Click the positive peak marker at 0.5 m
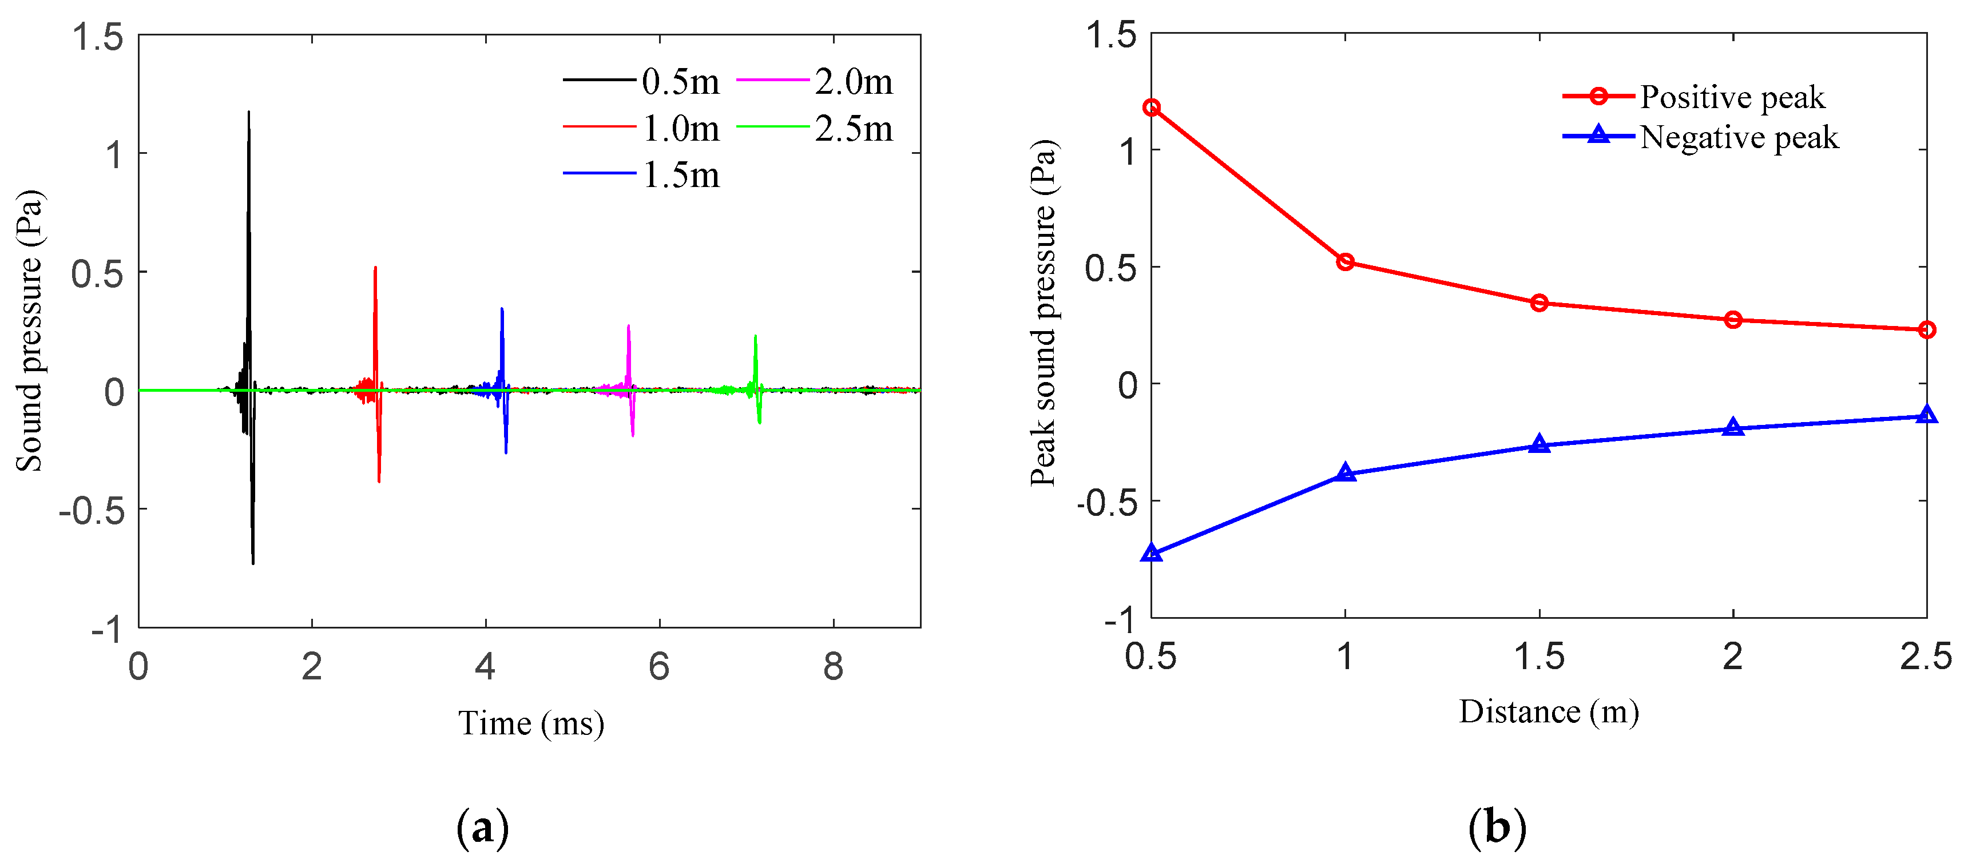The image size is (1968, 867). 1151,108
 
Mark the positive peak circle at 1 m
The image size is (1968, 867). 1346,262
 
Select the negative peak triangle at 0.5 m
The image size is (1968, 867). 1151,552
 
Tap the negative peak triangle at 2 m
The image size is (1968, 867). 1733,427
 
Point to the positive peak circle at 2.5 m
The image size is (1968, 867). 1926,330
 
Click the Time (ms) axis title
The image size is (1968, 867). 531,723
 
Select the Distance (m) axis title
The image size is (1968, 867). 1549,711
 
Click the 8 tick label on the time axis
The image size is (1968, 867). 833,666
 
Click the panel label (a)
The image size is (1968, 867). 482,828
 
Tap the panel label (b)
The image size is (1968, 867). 1497,828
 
